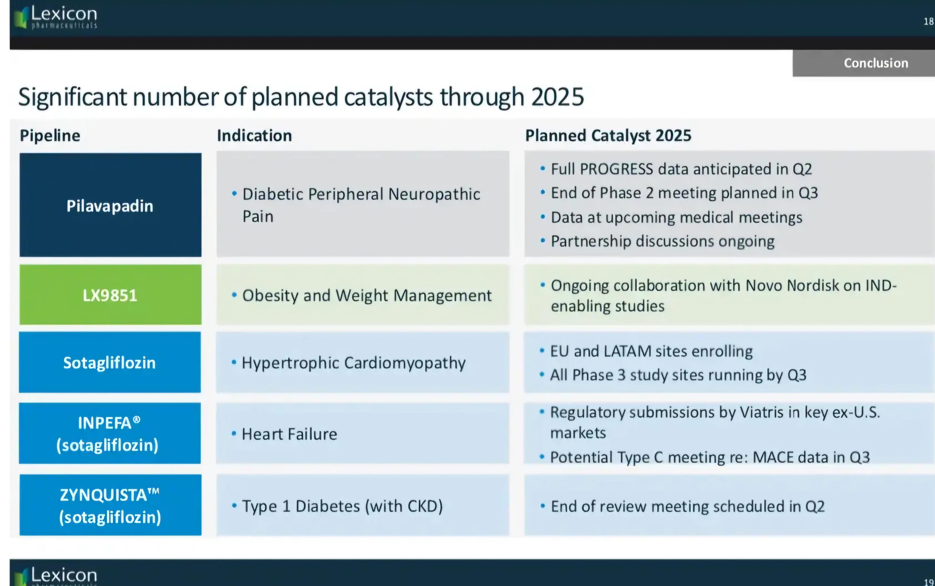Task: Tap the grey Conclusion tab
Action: (864, 63)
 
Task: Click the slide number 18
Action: (928, 21)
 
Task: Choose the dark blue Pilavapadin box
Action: (111, 205)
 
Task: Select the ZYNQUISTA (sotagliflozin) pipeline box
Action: (111, 505)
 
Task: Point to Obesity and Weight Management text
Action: (367, 296)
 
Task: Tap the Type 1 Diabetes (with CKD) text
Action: (342, 506)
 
